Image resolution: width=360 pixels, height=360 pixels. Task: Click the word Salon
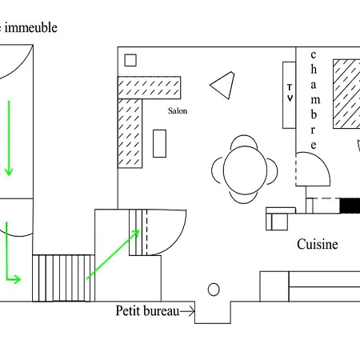click(x=178, y=110)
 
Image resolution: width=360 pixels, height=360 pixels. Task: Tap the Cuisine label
click(x=318, y=244)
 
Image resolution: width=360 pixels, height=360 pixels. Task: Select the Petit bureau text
click(x=147, y=311)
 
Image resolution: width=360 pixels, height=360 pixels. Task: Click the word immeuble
click(x=31, y=27)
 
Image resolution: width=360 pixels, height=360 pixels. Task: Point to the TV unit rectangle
click(x=289, y=95)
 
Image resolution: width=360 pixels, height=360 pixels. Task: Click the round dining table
click(x=245, y=170)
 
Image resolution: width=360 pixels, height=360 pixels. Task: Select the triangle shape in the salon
click(x=223, y=86)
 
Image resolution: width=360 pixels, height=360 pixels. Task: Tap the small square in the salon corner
click(x=130, y=60)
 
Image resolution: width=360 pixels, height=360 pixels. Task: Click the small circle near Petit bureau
click(x=214, y=290)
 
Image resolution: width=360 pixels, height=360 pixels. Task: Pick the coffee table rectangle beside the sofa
click(x=159, y=143)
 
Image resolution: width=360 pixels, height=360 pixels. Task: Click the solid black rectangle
click(x=350, y=206)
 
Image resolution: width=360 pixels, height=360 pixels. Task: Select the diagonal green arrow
click(x=113, y=254)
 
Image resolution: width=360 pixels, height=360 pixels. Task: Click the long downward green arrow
click(x=9, y=138)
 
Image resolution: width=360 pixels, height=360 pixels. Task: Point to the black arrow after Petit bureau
click(x=187, y=311)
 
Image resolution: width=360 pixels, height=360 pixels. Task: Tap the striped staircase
click(x=63, y=278)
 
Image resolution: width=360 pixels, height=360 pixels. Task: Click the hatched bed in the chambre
click(x=346, y=94)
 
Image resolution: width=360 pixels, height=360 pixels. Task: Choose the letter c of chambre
click(x=314, y=55)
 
